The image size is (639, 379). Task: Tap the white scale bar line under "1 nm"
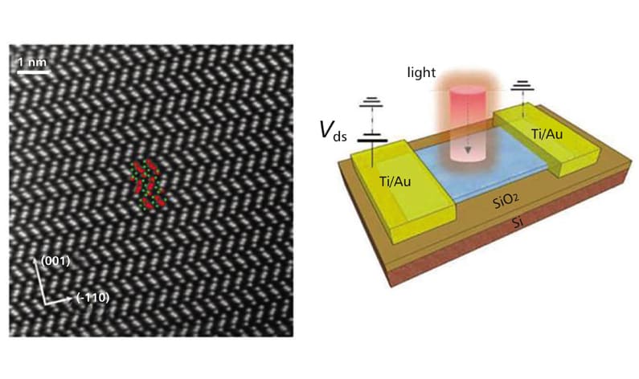click(x=30, y=73)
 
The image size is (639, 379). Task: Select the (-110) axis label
click(x=92, y=298)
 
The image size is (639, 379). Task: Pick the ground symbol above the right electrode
click(x=524, y=85)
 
